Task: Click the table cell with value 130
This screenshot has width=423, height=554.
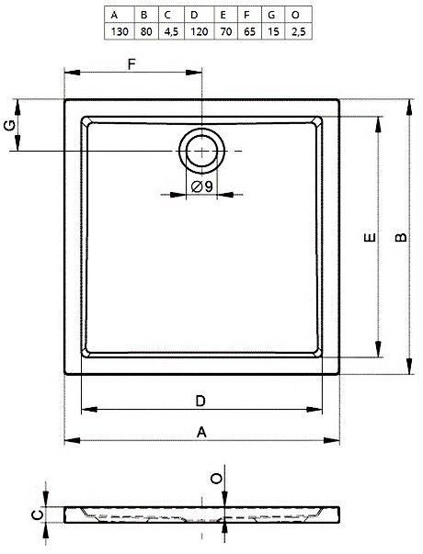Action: pyautogui.click(x=120, y=32)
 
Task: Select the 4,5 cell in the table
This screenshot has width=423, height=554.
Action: pyautogui.click(x=171, y=32)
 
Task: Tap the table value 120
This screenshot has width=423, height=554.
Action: pyautogui.click(x=200, y=32)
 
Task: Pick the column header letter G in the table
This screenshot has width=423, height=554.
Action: pyautogui.click(x=271, y=15)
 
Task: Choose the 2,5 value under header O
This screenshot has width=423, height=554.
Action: pyautogui.click(x=299, y=32)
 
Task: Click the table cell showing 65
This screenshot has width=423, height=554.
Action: pyautogui.click(x=249, y=32)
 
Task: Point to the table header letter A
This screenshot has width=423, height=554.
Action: pyautogui.click(x=114, y=15)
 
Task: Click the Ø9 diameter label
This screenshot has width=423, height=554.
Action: pyautogui.click(x=202, y=187)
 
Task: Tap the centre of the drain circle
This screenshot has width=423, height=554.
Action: pyautogui.click(x=201, y=151)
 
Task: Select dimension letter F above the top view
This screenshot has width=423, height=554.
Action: pyautogui.click(x=131, y=64)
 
